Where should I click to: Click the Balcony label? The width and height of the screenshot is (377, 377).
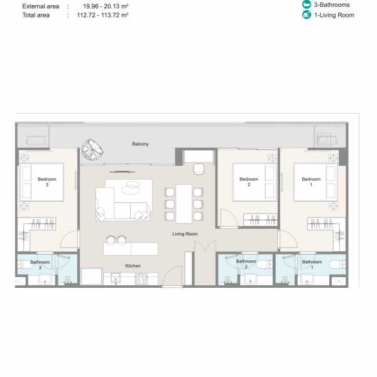point(140,144)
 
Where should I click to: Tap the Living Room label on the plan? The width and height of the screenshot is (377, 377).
point(185,234)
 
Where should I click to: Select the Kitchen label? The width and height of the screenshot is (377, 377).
point(133,266)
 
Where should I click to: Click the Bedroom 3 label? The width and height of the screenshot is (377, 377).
point(47,182)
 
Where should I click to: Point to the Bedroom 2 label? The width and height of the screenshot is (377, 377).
point(249,182)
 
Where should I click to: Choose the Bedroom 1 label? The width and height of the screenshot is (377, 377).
point(311,182)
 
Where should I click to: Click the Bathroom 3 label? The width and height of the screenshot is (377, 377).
point(40,265)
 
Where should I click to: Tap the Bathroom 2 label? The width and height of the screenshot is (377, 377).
point(246,264)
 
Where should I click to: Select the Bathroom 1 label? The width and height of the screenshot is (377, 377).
point(312,265)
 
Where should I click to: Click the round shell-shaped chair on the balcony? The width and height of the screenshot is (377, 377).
point(92,150)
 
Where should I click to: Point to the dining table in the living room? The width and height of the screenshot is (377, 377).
point(183,204)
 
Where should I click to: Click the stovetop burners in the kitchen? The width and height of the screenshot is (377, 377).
point(141,279)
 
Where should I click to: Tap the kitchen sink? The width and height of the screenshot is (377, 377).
point(116,278)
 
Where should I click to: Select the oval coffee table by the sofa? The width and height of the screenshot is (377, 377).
point(130,187)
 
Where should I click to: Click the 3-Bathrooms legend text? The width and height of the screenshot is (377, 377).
point(332,5)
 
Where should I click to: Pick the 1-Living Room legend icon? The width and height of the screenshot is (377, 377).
point(307,15)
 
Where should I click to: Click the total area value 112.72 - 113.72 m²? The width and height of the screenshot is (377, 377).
point(102,15)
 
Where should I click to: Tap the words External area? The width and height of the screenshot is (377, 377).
point(41,6)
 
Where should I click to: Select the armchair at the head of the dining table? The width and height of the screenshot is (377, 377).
point(199,169)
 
